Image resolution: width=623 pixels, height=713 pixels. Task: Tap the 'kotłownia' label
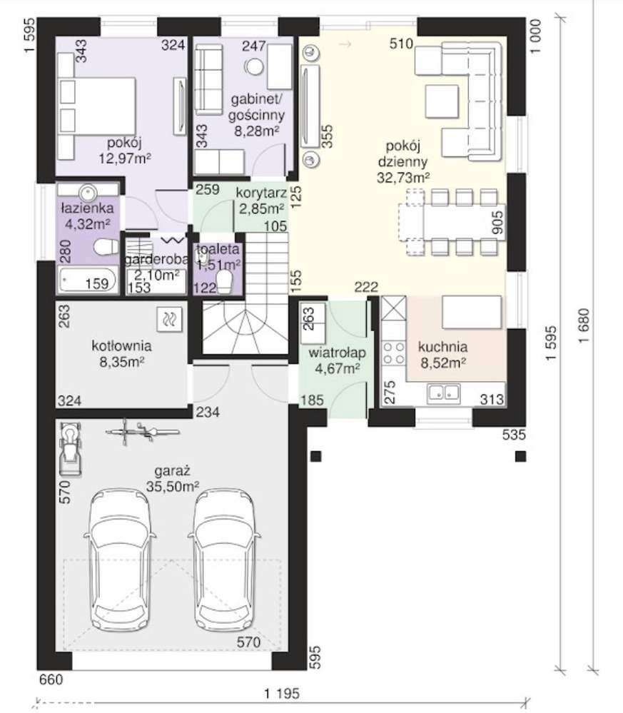click(121, 345)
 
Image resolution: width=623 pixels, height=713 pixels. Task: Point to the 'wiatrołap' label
click(337, 353)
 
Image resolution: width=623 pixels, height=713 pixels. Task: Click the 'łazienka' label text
click(87, 208)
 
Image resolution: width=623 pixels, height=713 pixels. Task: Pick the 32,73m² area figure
click(403, 177)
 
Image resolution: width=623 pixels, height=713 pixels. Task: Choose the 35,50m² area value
click(173, 486)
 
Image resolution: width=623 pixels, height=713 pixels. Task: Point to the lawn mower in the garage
click(71, 450)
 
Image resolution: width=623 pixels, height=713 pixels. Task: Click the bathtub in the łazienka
click(87, 280)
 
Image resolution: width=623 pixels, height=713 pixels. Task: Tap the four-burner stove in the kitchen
click(393, 353)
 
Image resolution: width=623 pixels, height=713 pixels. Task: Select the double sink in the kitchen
click(443, 393)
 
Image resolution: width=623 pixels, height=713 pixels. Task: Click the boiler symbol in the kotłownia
click(169, 319)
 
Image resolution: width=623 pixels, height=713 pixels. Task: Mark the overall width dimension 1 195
click(282, 694)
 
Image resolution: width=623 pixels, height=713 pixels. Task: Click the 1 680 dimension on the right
click(584, 325)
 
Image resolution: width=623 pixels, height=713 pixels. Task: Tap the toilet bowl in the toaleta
click(224, 282)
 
